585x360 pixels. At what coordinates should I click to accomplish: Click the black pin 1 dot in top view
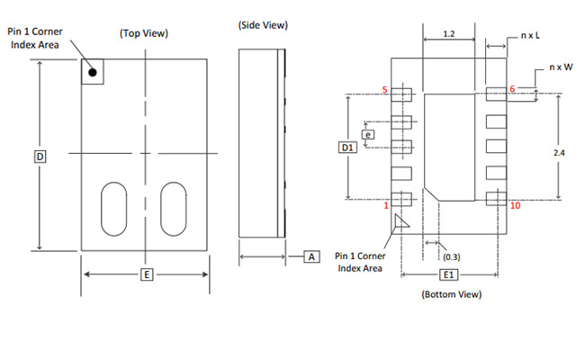point(93,70)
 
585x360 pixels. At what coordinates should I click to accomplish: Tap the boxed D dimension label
point(40,156)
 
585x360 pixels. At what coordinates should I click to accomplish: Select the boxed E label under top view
point(145,274)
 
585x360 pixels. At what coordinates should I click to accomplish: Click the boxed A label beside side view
point(311,256)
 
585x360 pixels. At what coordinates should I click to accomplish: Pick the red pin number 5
point(385,90)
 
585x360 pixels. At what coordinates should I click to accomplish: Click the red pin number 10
point(514,205)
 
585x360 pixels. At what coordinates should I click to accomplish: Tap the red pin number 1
point(386,206)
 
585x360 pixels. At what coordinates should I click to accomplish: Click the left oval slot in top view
point(113,209)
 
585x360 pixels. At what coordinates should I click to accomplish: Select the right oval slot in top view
point(172,209)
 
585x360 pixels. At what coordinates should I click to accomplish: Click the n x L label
point(531,35)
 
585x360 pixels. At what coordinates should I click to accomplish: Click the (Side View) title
point(263,24)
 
